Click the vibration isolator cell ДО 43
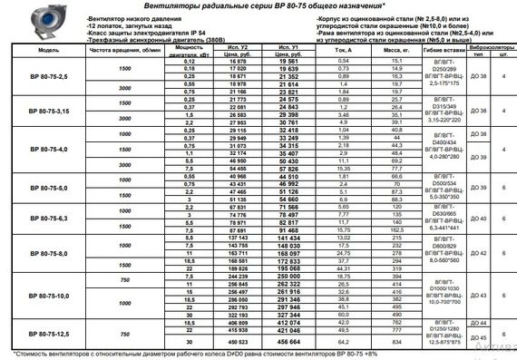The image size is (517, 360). (x=480, y=297)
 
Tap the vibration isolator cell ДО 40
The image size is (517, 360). (x=480, y=219)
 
